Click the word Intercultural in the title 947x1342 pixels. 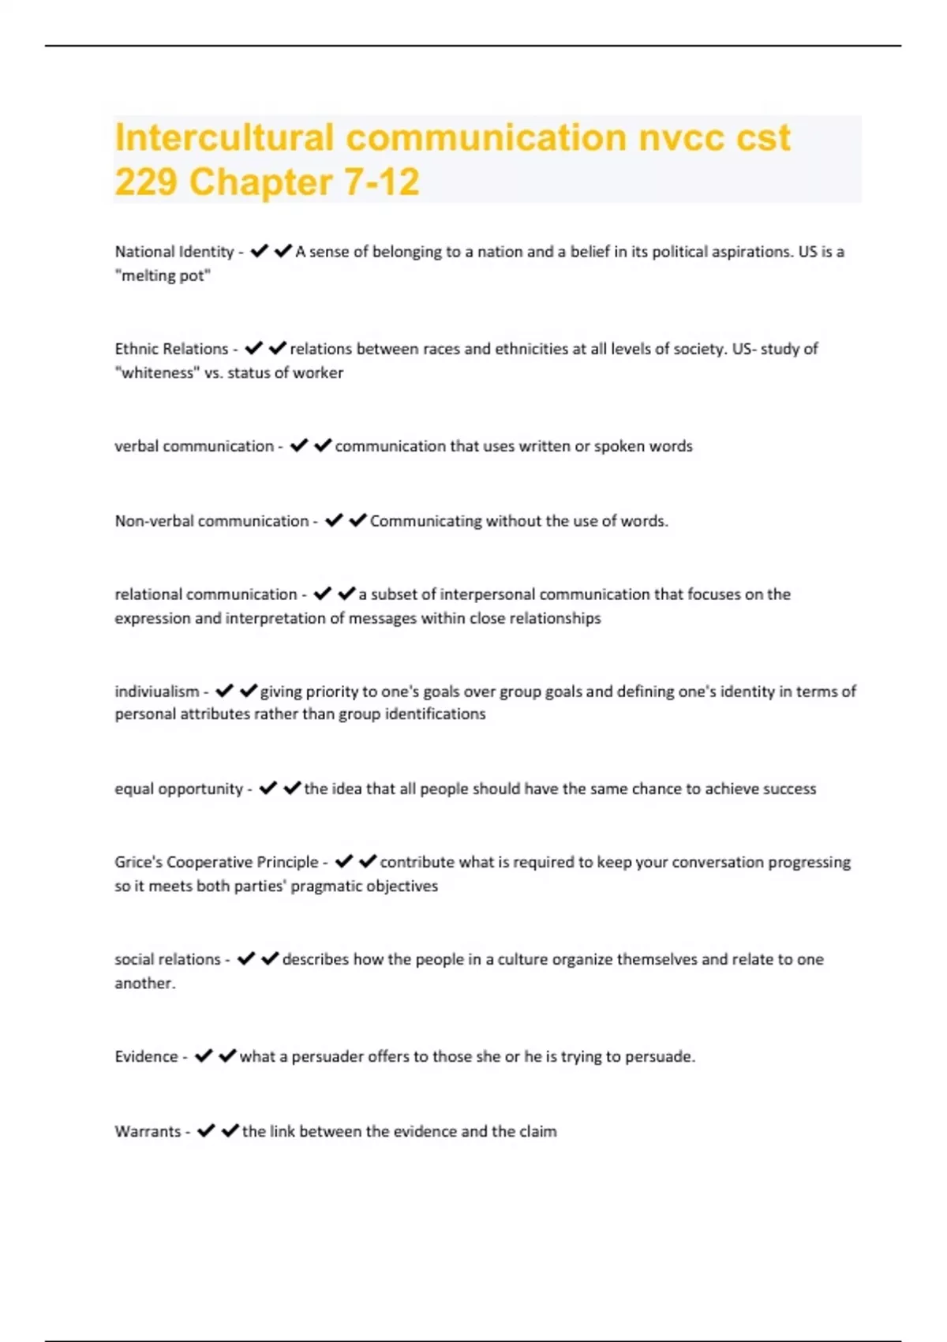[x=224, y=137]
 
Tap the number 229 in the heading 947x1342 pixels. [x=145, y=182]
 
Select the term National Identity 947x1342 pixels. [x=174, y=252]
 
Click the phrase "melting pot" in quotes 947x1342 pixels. [x=163, y=276]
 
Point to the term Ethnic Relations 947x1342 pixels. [x=171, y=349]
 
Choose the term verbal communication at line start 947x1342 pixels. [x=193, y=446]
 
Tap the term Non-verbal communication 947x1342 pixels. [x=211, y=521]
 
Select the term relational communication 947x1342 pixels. [x=205, y=594]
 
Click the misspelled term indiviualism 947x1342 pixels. [x=157, y=692]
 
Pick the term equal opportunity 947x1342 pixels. [x=178, y=789]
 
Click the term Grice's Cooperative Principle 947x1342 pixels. [x=216, y=862]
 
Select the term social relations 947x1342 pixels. [x=167, y=959]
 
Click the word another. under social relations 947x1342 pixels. [x=145, y=983]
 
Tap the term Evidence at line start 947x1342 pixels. [x=146, y=1056]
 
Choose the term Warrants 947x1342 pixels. [x=148, y=1131]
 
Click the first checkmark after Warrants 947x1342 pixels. [x=206, y=1131]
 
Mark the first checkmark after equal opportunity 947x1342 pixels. [x=268, y=788]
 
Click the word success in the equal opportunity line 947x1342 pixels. [x=788, y=789]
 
